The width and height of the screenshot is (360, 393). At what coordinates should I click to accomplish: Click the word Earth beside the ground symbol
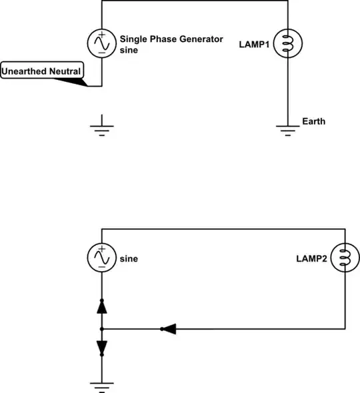[313, 122]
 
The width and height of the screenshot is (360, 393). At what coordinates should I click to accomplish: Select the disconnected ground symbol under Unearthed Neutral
[101, 126]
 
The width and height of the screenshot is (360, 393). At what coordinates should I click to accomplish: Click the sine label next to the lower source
[128, 258]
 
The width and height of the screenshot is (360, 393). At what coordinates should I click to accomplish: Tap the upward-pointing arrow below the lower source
[101, 306]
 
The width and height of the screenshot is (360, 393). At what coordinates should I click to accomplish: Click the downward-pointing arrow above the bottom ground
[101, 347]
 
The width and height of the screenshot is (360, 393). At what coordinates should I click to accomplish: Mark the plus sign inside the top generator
[101, 36]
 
